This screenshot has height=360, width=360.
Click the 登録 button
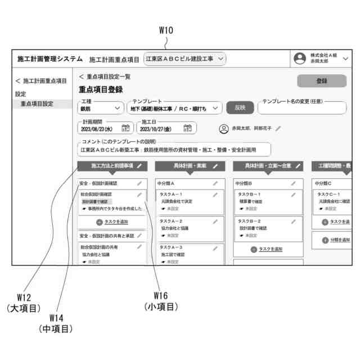[x=321, y=81]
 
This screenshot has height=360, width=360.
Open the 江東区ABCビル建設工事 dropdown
[x=184, y=58]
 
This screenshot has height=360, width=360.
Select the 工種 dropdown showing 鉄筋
[x=101, y=108]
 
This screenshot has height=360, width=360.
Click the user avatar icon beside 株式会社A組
[x=300, y=58]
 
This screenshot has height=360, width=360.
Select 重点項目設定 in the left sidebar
[x=37, y=103]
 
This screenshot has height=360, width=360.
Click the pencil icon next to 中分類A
[x=215, y=183]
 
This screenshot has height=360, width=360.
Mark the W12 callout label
[x=23, y=297]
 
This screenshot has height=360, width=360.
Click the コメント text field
[x=174, y=150]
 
